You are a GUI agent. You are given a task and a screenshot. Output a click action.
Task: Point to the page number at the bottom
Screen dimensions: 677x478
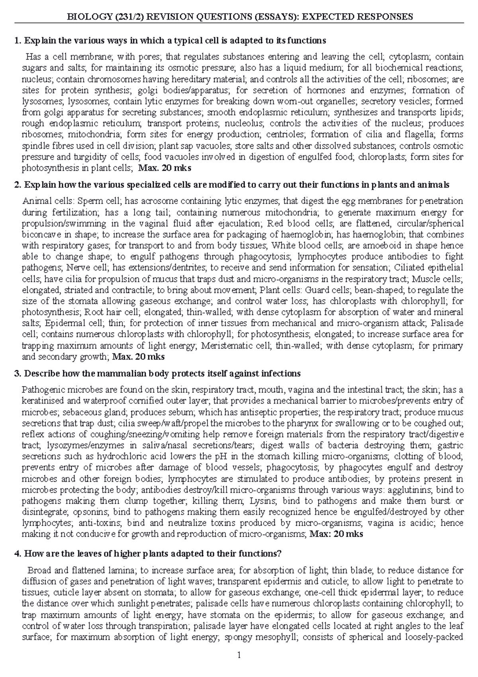[x=239, y=655]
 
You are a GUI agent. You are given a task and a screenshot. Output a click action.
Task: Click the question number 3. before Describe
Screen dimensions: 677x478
[x=17, y=374]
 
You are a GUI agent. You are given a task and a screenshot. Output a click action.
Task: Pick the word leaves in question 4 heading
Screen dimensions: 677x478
[x=74, y=553]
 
